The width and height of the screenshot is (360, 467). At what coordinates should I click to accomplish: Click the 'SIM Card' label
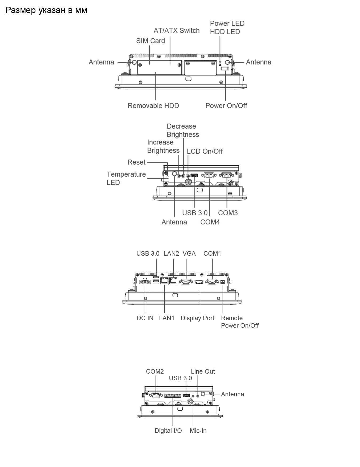150,41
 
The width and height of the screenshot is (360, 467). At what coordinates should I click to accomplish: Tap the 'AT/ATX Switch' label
177,30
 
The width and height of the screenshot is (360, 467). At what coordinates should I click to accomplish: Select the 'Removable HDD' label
153,106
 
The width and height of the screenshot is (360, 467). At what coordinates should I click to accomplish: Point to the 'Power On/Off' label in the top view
226,106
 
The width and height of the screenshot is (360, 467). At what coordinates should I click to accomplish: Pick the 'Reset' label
137,162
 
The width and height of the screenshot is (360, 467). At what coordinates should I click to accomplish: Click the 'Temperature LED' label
126,178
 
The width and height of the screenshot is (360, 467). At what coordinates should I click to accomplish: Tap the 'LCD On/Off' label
205,151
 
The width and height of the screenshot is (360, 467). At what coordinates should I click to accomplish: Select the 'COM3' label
228,213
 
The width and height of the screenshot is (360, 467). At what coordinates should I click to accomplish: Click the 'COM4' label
210,222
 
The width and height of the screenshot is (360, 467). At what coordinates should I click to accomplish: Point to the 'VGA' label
189,254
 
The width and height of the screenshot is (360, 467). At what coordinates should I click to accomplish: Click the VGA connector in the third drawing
186,282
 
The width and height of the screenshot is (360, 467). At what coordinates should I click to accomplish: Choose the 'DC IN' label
145,318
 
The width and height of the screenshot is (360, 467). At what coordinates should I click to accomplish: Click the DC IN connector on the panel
145,282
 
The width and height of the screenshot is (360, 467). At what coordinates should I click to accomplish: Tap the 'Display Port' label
197,318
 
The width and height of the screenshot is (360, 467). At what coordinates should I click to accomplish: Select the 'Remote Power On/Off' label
240,322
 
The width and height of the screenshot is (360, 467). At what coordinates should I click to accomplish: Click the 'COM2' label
155,371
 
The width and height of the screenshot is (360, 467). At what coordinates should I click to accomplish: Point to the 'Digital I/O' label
168,431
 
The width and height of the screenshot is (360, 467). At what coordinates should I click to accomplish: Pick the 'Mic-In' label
198,431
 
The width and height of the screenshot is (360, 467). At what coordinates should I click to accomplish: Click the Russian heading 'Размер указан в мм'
46,10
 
